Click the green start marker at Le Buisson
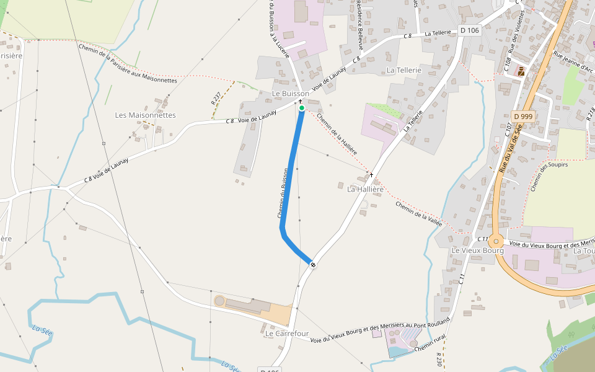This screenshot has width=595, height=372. [302, 108]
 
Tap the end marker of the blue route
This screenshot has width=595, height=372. [313, 265]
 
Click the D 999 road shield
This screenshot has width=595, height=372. [523, 117]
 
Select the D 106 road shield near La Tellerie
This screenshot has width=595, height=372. [470, 30]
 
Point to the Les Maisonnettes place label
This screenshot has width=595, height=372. [146, 115]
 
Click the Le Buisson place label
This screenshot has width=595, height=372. [291, 94]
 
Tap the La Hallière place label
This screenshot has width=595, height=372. [366, 189]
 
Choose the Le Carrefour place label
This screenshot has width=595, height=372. [287, 334]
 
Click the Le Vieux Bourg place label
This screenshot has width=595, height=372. [477, 250]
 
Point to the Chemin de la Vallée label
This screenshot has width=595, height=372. [418, 215]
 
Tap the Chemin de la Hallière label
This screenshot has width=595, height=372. [337, 133]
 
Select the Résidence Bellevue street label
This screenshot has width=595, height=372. [359, 24]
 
